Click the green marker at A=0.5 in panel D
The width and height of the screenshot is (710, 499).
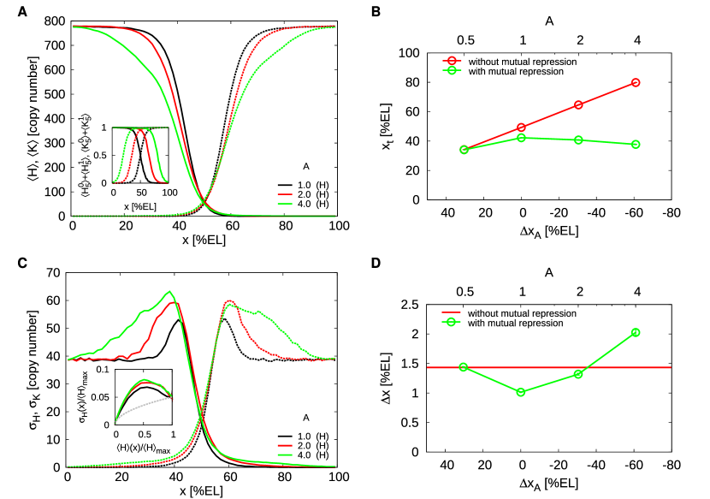click(x=464, y=367)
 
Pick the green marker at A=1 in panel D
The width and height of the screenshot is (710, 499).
click(x=522, y=392)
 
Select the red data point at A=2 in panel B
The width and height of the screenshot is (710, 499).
click(x=578, y=104)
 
